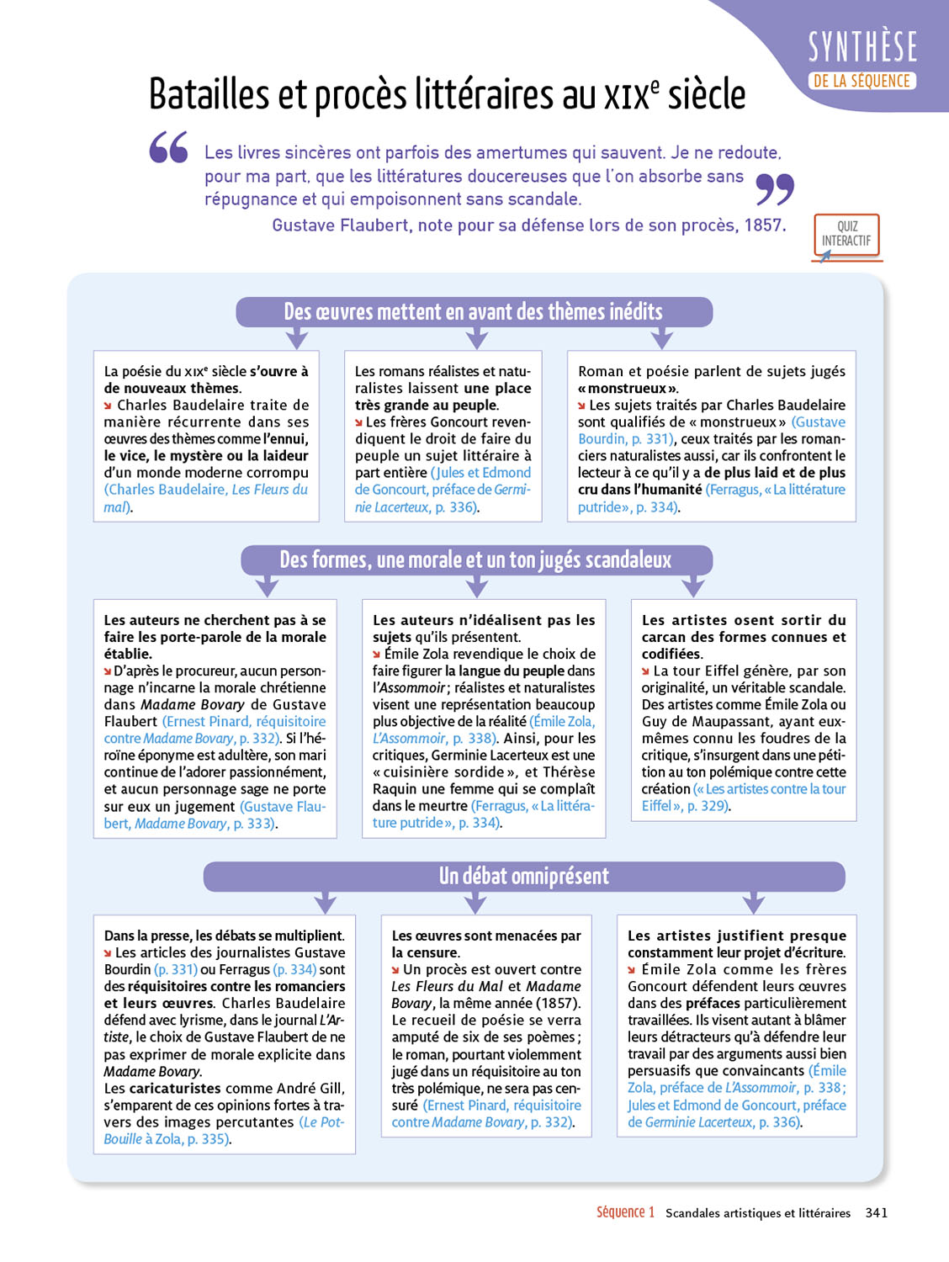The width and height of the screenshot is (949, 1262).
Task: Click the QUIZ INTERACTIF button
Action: point(846,235)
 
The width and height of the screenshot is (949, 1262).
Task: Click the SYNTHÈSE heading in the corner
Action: point(862,47)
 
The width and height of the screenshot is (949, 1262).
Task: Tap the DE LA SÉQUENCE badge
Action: point(862,81)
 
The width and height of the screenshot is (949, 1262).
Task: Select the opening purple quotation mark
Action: point(169,147)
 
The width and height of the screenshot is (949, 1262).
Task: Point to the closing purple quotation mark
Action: point(775,189)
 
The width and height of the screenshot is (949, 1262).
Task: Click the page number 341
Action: point(877,1212)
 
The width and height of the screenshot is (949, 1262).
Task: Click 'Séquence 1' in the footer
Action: point(625,1212)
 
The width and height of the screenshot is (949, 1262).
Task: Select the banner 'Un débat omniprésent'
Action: point(523,877)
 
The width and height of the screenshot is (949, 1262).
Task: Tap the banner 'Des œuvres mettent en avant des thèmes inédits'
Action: point(474,312)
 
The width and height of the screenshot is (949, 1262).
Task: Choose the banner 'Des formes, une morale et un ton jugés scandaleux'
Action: point(476,560)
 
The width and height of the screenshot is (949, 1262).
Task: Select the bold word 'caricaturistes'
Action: point(175,1088)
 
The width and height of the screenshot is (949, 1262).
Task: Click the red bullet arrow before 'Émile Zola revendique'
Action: point(377,655)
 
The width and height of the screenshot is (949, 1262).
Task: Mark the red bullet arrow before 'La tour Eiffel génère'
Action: point(646,671)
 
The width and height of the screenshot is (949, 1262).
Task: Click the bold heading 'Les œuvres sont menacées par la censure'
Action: point(485,944)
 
